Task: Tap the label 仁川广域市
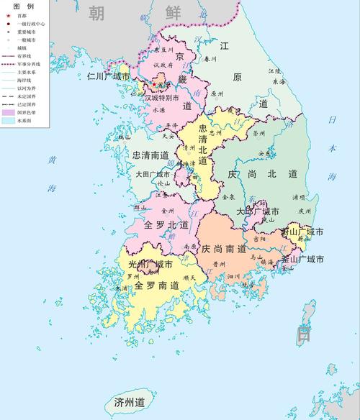point(108,76)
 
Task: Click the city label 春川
point(210,58)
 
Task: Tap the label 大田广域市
point(151,174)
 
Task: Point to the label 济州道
point(130,401)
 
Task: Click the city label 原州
point(218,93)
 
